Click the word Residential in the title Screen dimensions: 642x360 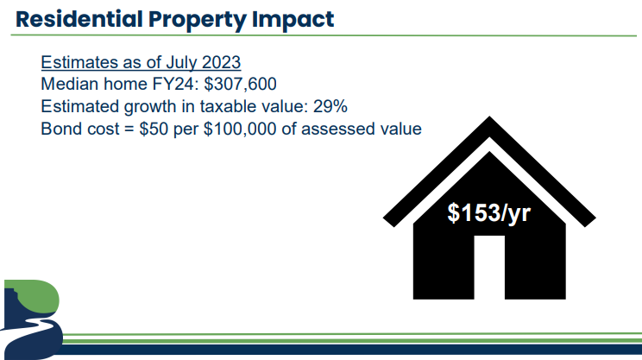[x=79, y=19]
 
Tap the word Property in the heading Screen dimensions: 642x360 [x=197, y=21]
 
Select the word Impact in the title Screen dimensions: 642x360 [x=293, y=21]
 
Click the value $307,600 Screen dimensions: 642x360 [x=241, y=85]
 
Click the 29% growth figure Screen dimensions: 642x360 [x=330, y=106]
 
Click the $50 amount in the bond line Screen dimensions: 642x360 [x=154, y=129]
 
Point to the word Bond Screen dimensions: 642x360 [x=59, y=129]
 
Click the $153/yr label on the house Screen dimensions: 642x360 [x=489, y=213]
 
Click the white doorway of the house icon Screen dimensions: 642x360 [x=489, y=267]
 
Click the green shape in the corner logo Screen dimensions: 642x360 [x=37, y=296]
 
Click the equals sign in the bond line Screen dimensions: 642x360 [x=129, y=129]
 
